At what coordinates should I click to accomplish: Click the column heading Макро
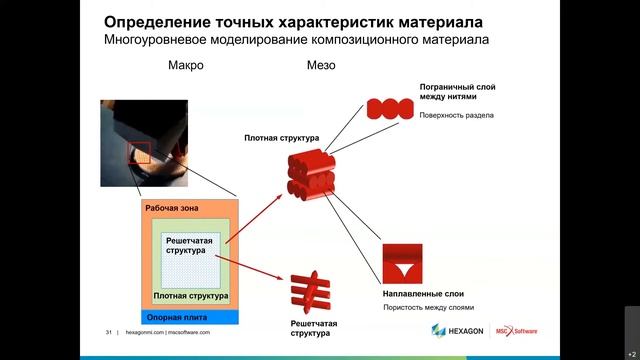point(186,67)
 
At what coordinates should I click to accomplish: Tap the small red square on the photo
point(138,153)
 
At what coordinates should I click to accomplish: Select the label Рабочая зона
point(171,208)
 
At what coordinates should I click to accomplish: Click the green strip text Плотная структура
point(192,297)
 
